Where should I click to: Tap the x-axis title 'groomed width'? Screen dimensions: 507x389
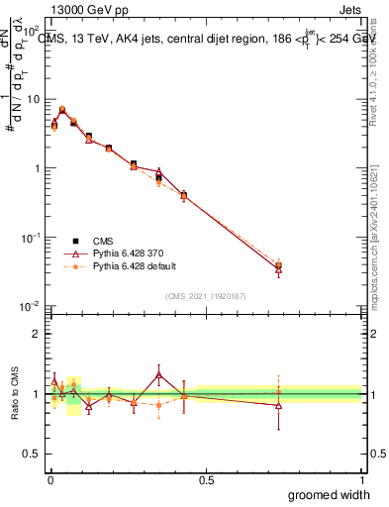(329, 494)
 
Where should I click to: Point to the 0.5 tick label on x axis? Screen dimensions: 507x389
(206, 480)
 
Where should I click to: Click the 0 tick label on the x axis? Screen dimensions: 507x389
(49, 480)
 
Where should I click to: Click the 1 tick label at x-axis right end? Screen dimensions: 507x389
(361, 480)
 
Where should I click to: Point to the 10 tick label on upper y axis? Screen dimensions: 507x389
(34, 100)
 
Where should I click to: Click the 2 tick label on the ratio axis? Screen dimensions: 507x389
(39, 334)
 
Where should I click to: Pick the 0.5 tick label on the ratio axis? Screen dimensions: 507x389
(34, 456)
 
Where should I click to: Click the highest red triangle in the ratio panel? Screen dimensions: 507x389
(159, 373)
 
